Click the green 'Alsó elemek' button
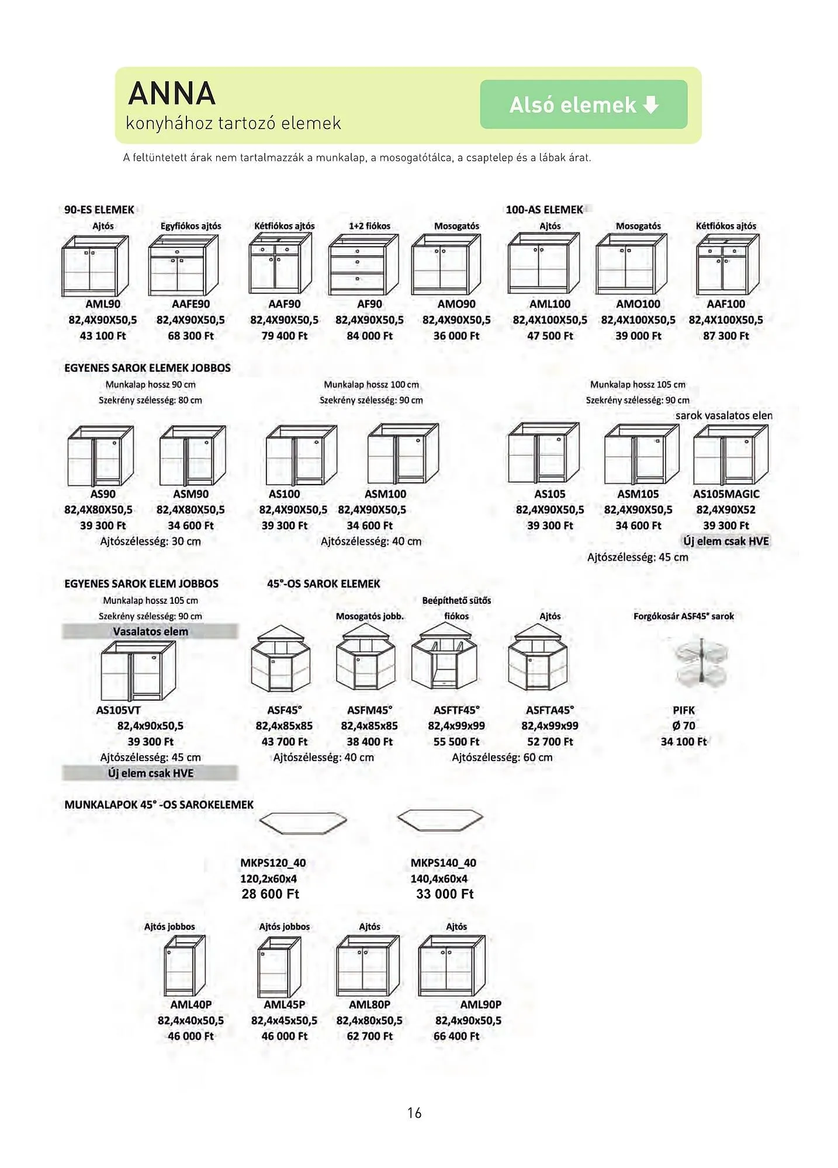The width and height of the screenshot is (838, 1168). [x=583, y=105]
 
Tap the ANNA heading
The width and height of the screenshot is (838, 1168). [x=172, y=93]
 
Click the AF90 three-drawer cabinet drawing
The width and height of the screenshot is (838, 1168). [x=363, y=265]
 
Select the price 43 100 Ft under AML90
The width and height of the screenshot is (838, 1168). [x=103, y=336]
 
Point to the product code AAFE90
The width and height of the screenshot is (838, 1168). [x=191, y=304]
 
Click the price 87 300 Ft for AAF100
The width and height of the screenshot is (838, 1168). [x=726, y=336]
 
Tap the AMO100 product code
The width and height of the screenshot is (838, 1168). [x=638, y=304]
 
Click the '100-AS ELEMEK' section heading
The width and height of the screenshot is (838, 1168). [x=545, y=210]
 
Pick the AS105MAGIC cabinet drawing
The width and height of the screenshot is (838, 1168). [x=730, y=456]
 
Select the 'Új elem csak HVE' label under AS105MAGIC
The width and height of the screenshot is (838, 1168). [x=726, y=541]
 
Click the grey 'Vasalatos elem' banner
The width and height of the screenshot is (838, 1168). [x=150, y=631]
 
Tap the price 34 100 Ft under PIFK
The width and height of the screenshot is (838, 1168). [x=684, y=742]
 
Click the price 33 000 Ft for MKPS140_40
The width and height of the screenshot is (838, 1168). [x=445, y=894]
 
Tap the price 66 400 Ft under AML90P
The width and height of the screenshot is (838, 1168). [x=456, y=1036]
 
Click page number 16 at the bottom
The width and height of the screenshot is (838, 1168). [x=414, y=1113]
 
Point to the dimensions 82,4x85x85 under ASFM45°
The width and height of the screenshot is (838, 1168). [x=369, y=726]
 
